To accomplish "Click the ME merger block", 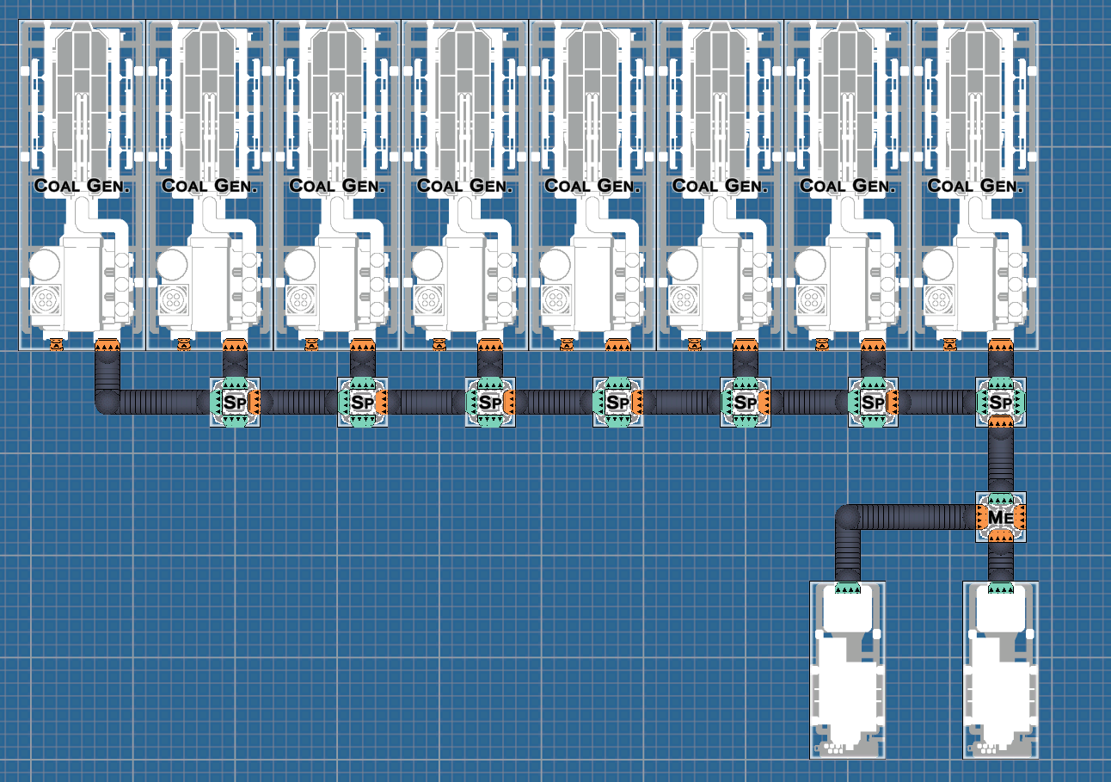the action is (x=1000, y=516).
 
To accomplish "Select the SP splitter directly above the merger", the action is (x=1000, y=402).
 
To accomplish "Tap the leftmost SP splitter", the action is (x=235, y=402).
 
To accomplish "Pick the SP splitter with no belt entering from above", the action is (x=617, y=402).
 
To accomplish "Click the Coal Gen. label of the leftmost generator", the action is (x=82, y=186).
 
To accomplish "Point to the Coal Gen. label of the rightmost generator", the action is (x=975, y=186).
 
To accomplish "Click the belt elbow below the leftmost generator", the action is (x=107, y=402).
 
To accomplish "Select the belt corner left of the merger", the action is (x=848, y=518).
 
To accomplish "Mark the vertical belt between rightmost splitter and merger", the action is (x=1000, y=459).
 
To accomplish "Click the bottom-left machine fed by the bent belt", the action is (x=848, y=670).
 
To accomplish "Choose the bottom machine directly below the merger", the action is (x=1000, y=670).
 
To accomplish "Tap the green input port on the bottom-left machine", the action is (x=848, y=588).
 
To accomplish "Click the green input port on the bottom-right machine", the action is (x=1000, y=588).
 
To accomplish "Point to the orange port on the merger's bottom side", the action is (x=1000, y=535).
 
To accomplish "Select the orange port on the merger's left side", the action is (x=981, y=517).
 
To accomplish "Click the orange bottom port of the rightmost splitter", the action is (x=1000, y=422).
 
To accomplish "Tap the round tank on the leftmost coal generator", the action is (x=45, y=265).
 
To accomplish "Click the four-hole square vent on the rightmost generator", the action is (x=939, y=299).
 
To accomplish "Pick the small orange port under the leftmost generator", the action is (x=57, y=344).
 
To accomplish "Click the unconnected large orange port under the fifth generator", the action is (x=617, y=345).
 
